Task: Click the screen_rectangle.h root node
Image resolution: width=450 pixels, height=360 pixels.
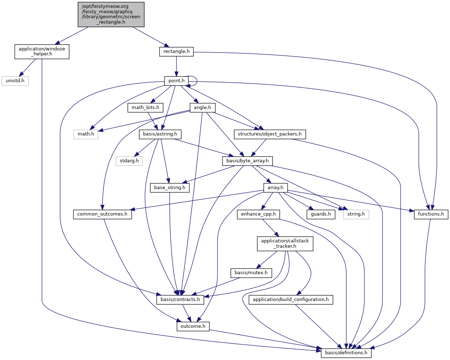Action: [x=111, y=14]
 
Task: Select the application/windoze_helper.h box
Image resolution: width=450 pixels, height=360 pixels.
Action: [x=42, y=51]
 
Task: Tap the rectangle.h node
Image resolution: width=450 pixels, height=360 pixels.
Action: [x=176, y=51]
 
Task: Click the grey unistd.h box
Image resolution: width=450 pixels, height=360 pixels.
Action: [x=15, y=81]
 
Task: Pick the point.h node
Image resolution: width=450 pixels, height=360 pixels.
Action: [x=176, y=81]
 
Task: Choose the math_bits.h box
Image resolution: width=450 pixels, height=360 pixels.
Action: [x=145, y=108]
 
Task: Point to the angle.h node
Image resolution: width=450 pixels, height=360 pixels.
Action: [x=202, y=108]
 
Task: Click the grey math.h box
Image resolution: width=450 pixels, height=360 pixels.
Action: [x=86, y=134]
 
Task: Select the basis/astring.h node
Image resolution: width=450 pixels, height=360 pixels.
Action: [x=160, y=134]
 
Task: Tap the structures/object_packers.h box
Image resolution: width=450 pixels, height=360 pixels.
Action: [x=270, y=134]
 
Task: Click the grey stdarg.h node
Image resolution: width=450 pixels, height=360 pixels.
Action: [x=129, y=161]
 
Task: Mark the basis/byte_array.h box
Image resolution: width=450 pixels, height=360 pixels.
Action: [x=248, y=161]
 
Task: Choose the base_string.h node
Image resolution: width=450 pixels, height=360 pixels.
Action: [x=170, y=188]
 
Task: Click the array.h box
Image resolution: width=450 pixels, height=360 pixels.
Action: [x=275, y=188]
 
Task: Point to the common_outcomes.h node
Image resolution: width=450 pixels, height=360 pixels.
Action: [x=102, y=214]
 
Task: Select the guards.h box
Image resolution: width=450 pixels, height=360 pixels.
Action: [x=321, y=214]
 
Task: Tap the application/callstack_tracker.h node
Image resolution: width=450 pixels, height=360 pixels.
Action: [x=285, y=243]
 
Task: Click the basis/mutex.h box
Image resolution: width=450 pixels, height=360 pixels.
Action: [x=251, y=273]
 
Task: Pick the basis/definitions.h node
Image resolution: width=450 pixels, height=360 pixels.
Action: [x=346, y=353]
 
